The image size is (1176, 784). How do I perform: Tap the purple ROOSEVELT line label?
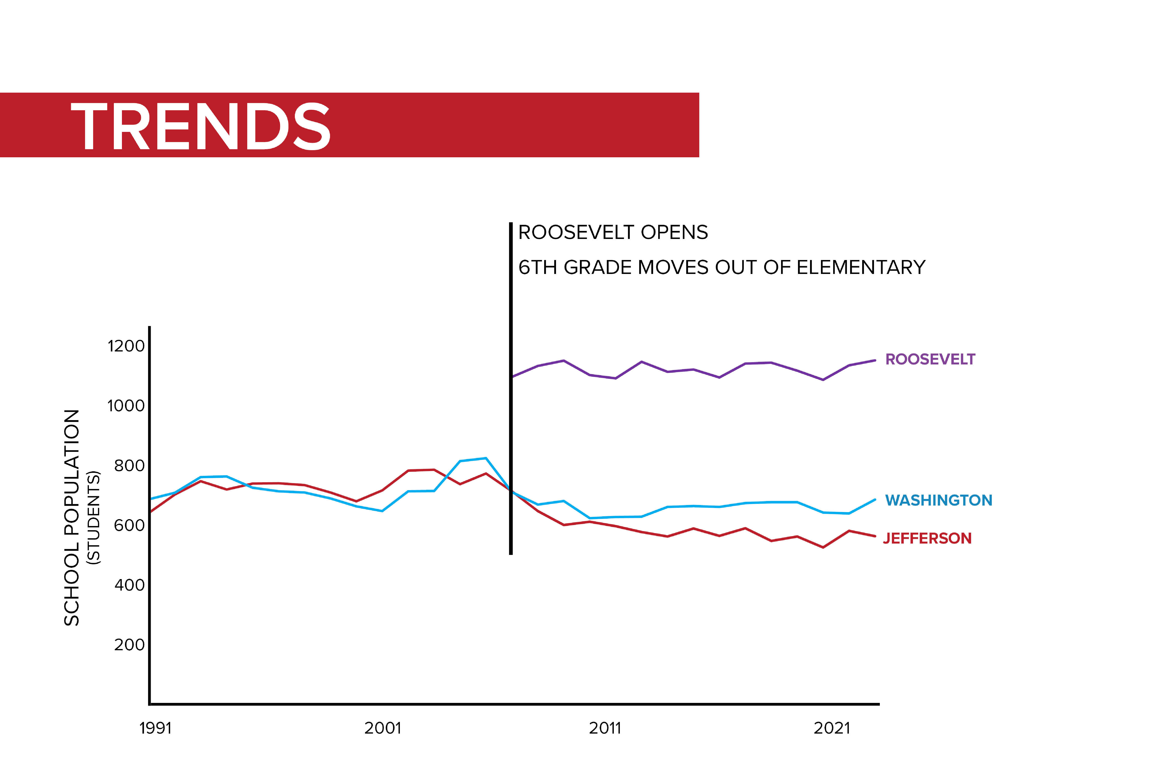tap(930, 360)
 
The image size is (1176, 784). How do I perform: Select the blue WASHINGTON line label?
tap(939, 500)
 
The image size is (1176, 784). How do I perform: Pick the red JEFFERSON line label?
tap(927, 538)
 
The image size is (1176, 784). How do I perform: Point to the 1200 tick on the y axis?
tap(126, 346)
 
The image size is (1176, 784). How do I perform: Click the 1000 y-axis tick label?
tap(126, 405)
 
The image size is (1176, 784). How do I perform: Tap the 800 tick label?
tap(129, 465)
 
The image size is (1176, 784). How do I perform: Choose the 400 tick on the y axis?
tap(129, 585)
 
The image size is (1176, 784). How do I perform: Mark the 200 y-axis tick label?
tap(129, 645)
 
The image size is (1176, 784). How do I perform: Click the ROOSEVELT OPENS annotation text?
tap(613, 233)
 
